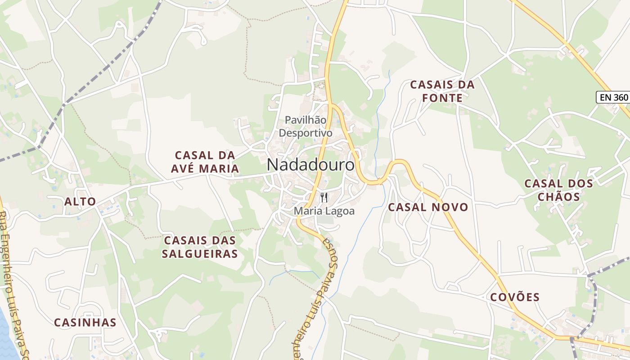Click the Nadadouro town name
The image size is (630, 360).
[x=310, y=165]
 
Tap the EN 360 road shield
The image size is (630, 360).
[x=612, y=97]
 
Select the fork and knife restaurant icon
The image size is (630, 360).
[x=324, y=197]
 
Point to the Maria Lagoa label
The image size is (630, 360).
[x=324, y=211]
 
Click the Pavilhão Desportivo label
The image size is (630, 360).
[x=306, y=126]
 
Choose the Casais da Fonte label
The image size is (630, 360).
[x=442, y=91]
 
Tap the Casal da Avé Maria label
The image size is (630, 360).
[x=205, y=162]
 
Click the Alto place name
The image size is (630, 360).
[x=80, y=201]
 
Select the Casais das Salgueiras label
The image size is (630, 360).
[x=199, y=247]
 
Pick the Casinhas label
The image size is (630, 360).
[x=85, y=322]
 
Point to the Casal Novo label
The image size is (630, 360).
[x=428, y=207]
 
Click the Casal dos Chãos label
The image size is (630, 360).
[x=558, y=190]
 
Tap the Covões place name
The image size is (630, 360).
[x=515, y=297]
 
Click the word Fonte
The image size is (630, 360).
[x=442, y=98]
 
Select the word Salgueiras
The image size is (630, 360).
[x=199, y=254]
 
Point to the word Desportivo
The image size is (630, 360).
[x=306, y=133]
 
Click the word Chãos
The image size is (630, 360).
[x=558, y=197]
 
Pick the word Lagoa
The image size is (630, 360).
[x=342, y=211]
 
